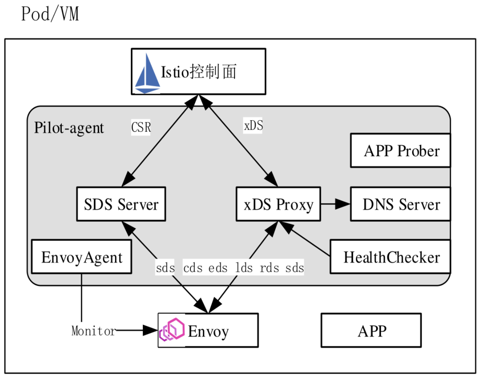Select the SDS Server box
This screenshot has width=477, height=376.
(121, 204)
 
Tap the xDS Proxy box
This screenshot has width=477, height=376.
(278, 204)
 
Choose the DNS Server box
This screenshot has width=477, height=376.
(401, 204)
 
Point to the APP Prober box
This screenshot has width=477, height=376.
(401, 151)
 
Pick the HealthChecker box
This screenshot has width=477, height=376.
(391, 257)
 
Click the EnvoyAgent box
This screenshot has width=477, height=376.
(82, 257)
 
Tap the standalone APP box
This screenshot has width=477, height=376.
(371, 331)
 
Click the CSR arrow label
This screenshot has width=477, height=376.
(141, 127)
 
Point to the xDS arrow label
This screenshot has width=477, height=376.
(254, 125)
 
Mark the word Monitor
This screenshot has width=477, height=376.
(94, 331)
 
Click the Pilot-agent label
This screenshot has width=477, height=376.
(69, 127)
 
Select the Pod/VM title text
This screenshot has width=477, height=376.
(50, 15)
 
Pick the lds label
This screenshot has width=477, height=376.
(244, 268)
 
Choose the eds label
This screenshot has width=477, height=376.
(218, 268)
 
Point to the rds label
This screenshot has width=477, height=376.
(270, 268)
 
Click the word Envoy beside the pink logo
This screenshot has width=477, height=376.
(208, 331)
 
